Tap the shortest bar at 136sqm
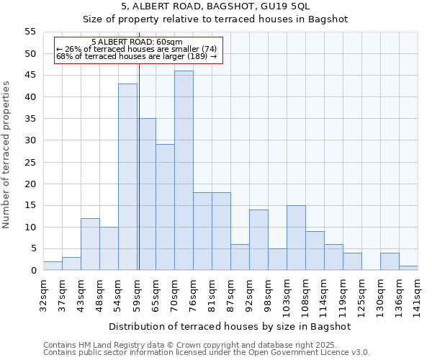pos(408,269)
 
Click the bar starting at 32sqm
pos(53,266)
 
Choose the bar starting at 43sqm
pos(90,244)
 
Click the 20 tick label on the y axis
pos(30,184)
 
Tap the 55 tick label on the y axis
pos(30,32)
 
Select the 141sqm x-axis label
pos(418,294)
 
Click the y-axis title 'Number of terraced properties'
pos(7,154)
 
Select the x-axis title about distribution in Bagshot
pos(230,326)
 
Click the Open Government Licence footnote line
pos(207,352)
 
